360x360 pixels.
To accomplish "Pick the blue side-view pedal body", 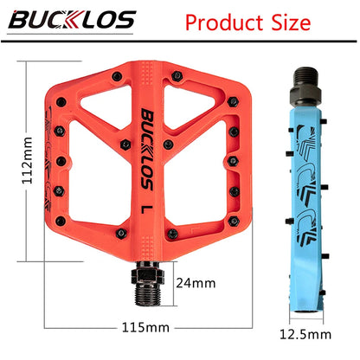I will pos(308,190).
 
